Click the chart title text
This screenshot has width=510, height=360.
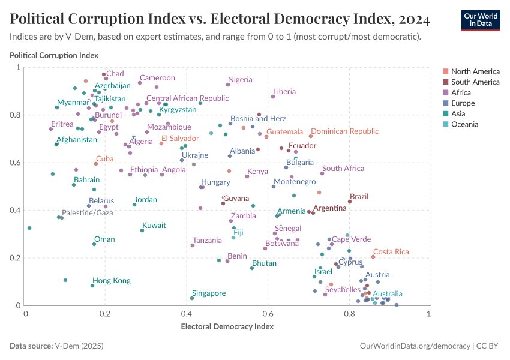coord(220,20)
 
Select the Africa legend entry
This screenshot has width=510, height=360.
coord(461,92)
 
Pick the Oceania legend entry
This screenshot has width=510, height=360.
coord(465,124)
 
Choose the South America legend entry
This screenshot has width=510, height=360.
coord(475,82)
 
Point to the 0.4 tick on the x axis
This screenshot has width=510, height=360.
coord(187,314)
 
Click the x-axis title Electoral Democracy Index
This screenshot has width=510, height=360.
coord(227,327)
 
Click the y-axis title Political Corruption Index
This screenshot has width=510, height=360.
coord(54,55)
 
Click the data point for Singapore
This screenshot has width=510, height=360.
coord(192,298)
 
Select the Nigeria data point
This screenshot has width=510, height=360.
coord(228,85)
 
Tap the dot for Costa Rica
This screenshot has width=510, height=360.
coord(373,257)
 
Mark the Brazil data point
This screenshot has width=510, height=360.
coord(350,202)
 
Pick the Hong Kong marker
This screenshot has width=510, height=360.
coord(92,286)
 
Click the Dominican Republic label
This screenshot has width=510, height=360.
coord(344,131)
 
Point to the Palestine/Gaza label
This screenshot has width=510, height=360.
coord(88,213)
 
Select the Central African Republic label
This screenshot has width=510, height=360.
coord(187,98)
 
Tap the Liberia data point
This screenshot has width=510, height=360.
coord(273,96)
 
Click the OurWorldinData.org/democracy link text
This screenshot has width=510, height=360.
coord(415,346)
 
